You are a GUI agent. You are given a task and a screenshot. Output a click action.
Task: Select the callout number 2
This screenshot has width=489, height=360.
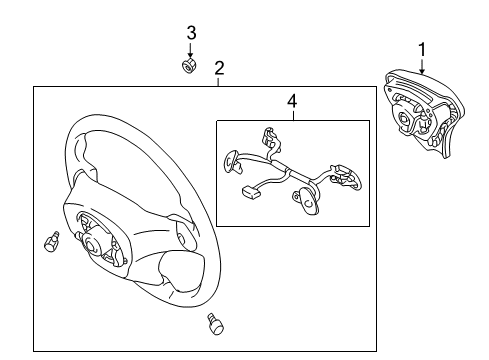pos(219,68)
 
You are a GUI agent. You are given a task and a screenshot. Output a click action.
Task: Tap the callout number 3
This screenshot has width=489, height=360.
pos(191,33)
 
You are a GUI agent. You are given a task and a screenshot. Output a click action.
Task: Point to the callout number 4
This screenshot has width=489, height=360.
pos(291,101)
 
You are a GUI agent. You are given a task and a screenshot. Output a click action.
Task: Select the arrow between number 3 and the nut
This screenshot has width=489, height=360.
pos(190,50)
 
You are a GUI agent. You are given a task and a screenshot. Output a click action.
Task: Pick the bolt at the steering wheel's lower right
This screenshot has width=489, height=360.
pos(213,321)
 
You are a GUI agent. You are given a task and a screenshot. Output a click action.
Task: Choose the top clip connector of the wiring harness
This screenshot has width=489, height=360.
pos(267,136)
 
